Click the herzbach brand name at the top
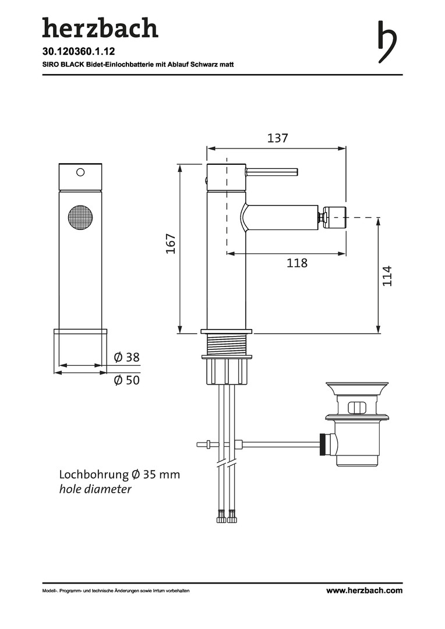(x=100, y=28)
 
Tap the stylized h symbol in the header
(x=387, y=42)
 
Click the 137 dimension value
(x=278, y=138)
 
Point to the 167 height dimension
(x=171, y=243)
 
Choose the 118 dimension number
(x=297, y=263)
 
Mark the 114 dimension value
(x=387, y=276)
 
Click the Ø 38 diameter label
(x=127, y=357)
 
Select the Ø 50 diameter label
(x=127, y=380)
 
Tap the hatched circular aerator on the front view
(x=80, y=218)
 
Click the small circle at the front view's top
(x=80, y=172)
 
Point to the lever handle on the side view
(x=271, y=172)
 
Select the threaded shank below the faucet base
(x=227, y=344)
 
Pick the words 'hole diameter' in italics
(x=96, y=489)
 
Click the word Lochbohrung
(x=94, y=475)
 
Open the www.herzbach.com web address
(x=364, y=590)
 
